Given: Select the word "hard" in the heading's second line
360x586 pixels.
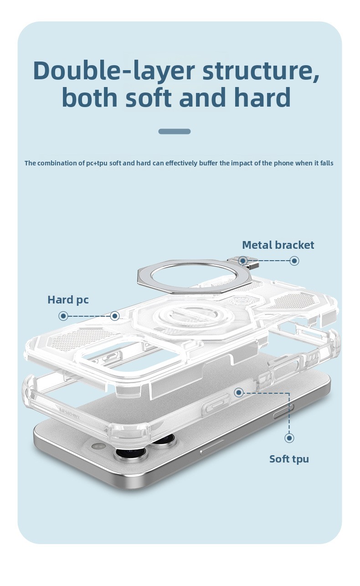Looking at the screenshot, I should pos(264,97).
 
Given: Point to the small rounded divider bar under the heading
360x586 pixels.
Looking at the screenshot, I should pos(175,132).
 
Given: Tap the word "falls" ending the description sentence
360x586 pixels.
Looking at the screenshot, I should pos(326,163).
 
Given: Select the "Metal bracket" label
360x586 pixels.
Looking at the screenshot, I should pos(278,245).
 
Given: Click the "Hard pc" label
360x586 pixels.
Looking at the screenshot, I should pos(68,300).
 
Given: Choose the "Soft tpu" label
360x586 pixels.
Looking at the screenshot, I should pos(289,459).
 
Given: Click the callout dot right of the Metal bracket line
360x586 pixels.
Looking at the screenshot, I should pos(294,261).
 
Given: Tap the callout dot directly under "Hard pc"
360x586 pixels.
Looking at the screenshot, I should pos(63,316).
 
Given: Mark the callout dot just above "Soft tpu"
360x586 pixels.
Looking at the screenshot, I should pos(289,438).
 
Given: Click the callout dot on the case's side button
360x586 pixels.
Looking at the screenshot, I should pos(239,392).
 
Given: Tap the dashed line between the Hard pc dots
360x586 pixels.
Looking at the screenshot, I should pos(89,316).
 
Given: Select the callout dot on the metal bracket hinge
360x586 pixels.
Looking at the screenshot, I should pos(243,261).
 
